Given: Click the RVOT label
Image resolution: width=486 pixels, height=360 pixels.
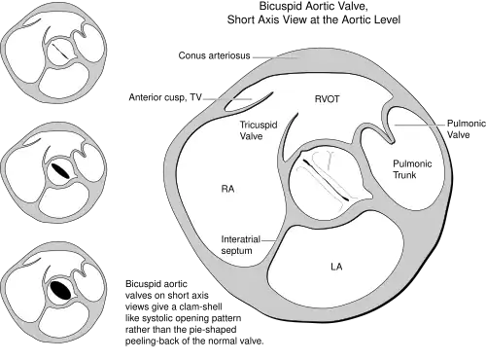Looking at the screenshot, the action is point(328,99).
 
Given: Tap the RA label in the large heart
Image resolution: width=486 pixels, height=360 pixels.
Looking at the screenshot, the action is point(227,189).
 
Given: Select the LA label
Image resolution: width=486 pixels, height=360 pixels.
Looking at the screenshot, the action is point(336,267).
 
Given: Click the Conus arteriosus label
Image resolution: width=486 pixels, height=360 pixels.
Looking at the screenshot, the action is point(214,55).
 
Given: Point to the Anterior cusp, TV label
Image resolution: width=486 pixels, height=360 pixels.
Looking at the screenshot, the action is point(165,97).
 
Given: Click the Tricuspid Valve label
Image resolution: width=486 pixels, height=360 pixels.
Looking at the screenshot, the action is point(259,130).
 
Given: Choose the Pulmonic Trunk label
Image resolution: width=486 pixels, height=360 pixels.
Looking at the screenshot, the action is point(412,169).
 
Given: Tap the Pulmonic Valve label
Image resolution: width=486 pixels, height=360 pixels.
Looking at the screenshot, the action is point(467,128).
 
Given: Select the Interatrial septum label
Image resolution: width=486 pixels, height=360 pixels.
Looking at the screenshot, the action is point(241,245).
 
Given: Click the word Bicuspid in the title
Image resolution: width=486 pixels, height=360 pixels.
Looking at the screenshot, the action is point(280,6).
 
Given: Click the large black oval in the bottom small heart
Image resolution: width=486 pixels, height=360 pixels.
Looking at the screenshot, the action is point(60,290).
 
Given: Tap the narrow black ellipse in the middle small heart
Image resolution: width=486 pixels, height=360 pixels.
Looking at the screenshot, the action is point(60,170).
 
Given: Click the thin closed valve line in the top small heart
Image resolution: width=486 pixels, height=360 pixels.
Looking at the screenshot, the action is point(60,52).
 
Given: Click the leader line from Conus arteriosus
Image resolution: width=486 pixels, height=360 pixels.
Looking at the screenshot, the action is point(275,57).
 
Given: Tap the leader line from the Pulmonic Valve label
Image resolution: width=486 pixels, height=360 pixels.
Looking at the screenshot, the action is point(419,125).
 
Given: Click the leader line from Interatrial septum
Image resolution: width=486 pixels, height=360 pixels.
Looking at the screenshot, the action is point(269,240).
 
